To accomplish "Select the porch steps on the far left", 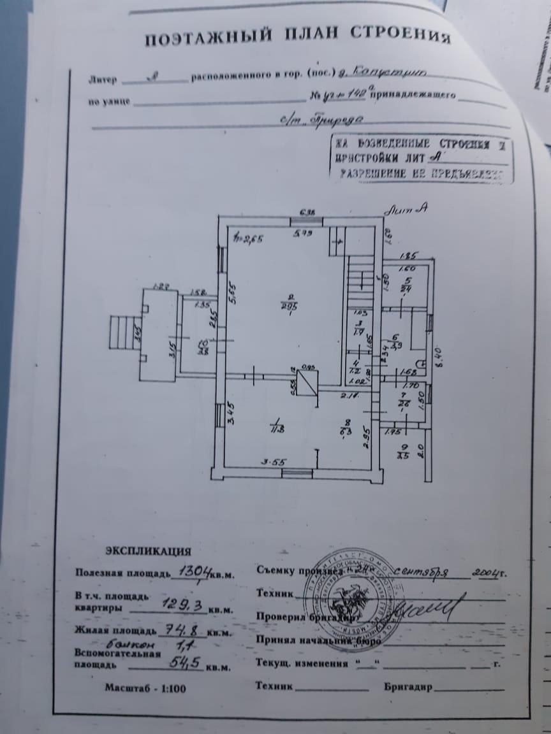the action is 121,333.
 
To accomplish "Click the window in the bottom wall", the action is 297,473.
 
